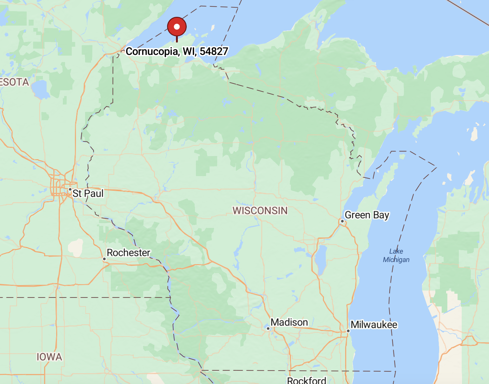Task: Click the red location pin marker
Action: pos(177,27)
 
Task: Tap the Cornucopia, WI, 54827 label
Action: pos(177,51)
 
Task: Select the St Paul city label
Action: pos(88,193)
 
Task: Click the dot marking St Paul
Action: pos(70,189)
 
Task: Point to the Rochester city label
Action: pos(128,252)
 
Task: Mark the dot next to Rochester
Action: pos(104,259)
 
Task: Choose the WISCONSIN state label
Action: pos(260,210)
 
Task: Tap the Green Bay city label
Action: pos(367,215)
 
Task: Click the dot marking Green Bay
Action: pos(342,221)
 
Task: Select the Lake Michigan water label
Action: pos(396,256)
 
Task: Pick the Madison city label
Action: pos(289,322)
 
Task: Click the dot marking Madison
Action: pos(268,329)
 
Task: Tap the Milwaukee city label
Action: pos(374,325)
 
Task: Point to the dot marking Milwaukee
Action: pos(348,331)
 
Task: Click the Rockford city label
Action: pos(306,380)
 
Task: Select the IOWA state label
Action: pos(49,357)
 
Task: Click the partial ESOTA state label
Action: pos(14,82)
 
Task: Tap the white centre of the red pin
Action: pos(177,27)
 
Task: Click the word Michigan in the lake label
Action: pos(396,260)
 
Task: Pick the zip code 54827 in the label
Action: pos(214,51)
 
